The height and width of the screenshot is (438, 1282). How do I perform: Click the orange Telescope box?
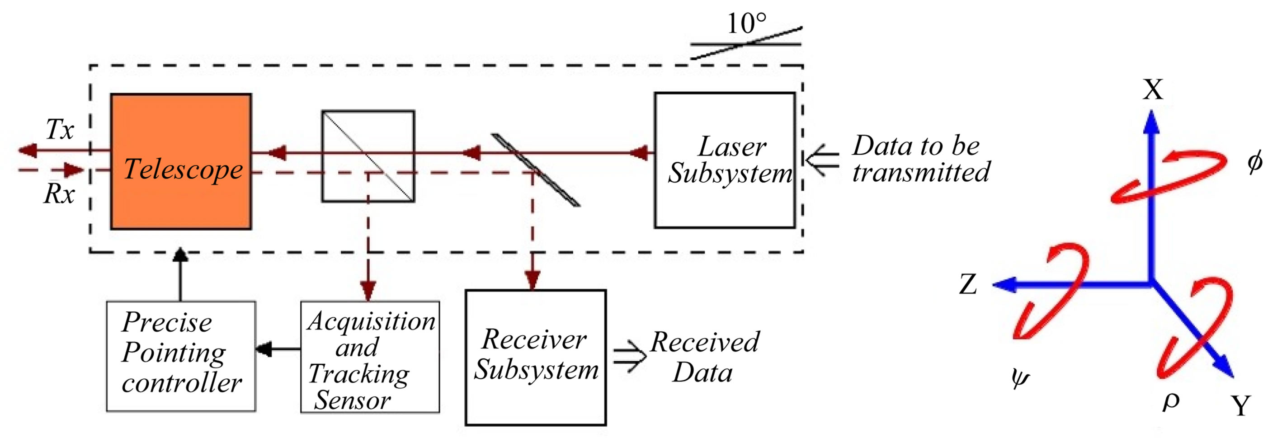pyautogui.click(x=181, y=162)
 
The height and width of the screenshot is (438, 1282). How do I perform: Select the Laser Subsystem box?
pyautogui.click(x=724, y=160)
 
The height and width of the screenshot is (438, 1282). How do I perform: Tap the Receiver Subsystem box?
pyautogui.click(x=536, y=358)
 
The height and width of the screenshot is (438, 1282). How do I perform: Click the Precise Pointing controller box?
pyautogui.click(x=181, y=356)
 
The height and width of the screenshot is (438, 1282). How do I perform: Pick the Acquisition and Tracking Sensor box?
pyautogui.click(x=370, y=358)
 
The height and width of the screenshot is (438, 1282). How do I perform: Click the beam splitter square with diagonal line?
pyautogui.click(x=368, y=156)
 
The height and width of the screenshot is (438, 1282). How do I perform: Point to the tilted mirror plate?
pyautogui.click(x=536, y=170)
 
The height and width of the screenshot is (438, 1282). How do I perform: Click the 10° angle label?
pyautogui.click(x=746, y=24)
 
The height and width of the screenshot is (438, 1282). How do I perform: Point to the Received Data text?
pyautogui.click(x=704, y=358)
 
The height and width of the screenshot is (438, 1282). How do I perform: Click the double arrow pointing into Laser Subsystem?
pyautogui.click(x=822, y=160)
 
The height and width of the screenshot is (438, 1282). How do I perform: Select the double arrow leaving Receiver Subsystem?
pyautogui.click(x=629, y=356)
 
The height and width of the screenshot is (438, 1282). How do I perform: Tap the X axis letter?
pyautogui.click(x=1153, y=90)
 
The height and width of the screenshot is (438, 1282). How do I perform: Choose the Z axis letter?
pyautogui.click(x=968, y=285)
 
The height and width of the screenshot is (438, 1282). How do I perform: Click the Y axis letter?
pyautogui.click(x=1241, y=405)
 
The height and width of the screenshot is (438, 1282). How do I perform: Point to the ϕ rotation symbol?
pyautogui.click(x=1254, y=162)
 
